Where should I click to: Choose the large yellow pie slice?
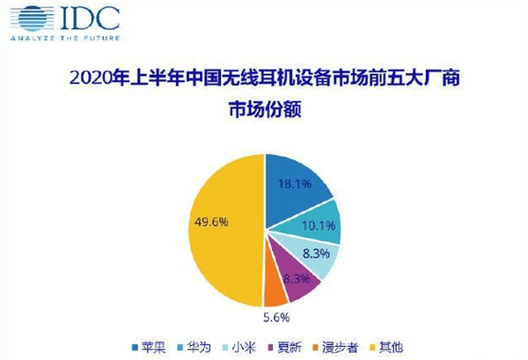point(225,231)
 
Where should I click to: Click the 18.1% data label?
point(295,184)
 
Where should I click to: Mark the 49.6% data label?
point(211,222)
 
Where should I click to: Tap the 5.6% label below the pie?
point(276,317)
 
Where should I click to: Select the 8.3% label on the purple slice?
point(297,278)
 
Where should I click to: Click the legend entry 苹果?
point(150,347)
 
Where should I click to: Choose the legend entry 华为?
point(194,347)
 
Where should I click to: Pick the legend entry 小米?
point(239,347)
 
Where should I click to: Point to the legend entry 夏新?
point(284,347)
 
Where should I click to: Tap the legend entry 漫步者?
point(335,347)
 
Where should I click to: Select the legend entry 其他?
point(386,347)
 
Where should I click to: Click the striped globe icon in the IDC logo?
point(33,18)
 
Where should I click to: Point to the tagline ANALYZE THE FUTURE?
point(65,38)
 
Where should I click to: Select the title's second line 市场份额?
point(265,109)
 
